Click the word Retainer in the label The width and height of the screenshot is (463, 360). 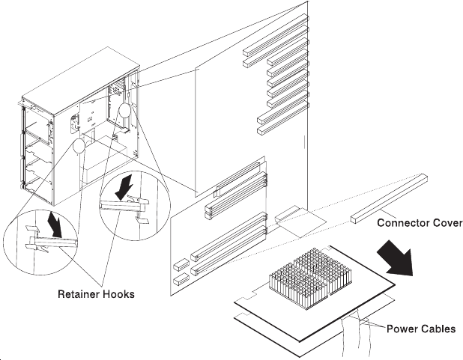[80, 294]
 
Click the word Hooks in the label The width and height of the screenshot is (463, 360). [119, 294]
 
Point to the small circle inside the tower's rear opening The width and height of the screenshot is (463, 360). [124, 112]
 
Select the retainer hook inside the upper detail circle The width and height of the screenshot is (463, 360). [124, 204]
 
